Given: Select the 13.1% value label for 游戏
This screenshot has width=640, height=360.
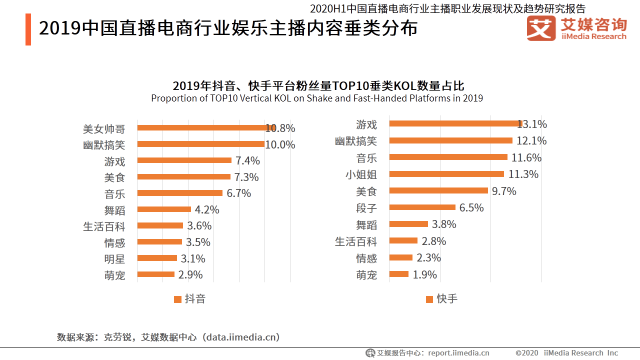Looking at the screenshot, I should [532, 124].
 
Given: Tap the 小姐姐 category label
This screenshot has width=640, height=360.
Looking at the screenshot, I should [361, 174].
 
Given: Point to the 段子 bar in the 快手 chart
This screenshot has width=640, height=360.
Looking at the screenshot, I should [422, 207].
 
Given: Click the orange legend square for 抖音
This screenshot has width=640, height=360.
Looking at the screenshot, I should [177, 299].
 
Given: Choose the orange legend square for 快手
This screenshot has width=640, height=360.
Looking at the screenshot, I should [429, 299].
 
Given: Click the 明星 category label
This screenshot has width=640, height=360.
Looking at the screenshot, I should [114, 259].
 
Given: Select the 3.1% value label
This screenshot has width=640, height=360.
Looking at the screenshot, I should [193, 259].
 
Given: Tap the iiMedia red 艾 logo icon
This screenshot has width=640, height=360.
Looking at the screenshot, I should [541, 29].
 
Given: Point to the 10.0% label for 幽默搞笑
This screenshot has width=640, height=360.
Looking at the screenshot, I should [280, 145].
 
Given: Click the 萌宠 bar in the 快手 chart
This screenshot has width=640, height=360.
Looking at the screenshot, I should [399, 274].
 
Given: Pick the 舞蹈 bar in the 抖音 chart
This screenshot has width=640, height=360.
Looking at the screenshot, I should [164, 209].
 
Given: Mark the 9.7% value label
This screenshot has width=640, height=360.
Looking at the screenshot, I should [504, 191].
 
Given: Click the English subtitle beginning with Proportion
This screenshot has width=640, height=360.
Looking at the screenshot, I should [317, 98].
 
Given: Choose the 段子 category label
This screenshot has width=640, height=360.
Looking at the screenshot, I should [366, 207].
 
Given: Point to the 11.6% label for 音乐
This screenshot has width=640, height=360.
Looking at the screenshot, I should [526, 158].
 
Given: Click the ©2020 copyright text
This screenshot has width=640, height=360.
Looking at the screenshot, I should [527, 353].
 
